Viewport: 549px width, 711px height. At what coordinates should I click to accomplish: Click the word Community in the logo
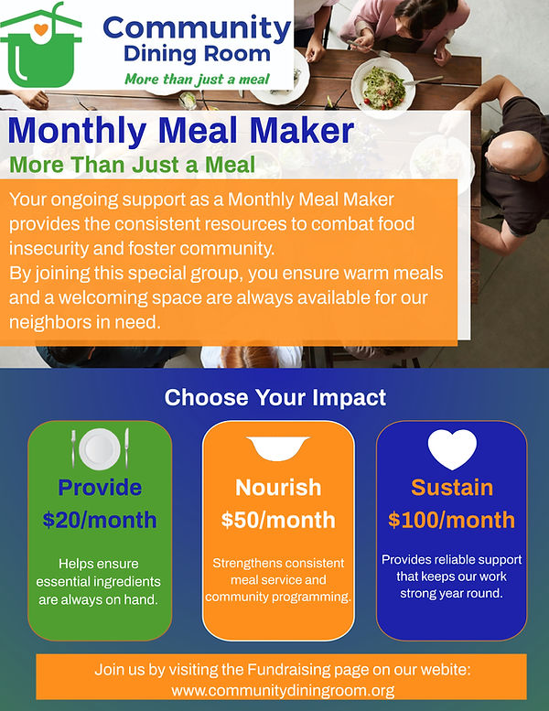coord(197,27)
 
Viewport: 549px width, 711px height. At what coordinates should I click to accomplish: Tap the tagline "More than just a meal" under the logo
coord(196,77)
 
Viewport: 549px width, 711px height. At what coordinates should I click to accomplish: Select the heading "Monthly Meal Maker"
coord(180,131)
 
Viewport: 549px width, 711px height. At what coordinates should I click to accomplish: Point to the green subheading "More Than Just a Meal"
coord(132,166)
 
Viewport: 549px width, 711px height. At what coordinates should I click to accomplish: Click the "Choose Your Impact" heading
coord(274,398)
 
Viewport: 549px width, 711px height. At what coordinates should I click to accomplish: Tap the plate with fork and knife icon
coord(99,447)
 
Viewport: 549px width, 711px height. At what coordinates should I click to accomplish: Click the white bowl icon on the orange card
coord(277,448)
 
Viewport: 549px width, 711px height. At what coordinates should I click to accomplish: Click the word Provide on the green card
coord(100,487)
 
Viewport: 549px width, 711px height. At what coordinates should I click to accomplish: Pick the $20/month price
coord(100,520)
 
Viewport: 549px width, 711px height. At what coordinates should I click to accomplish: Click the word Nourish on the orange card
coord(278,487)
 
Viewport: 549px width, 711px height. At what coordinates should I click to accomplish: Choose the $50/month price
coord(278,520)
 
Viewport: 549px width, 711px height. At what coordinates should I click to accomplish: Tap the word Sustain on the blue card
coord(452,487)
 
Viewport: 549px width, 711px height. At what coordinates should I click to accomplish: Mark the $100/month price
coord(452,520)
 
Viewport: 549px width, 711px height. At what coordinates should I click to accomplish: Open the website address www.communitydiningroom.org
coord(283,690)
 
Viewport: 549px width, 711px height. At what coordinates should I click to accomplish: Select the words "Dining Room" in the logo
coord(197,53)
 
